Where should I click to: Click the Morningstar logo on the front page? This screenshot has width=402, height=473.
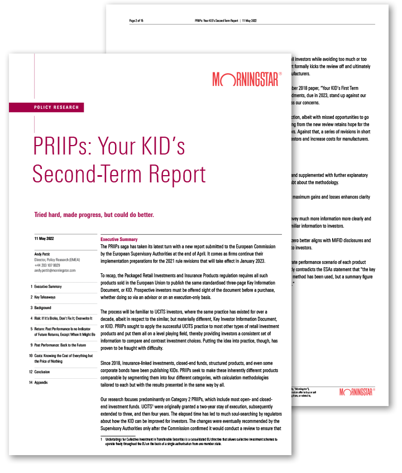[x=247, y=79]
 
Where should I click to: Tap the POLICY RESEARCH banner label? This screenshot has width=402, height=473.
[x=56, y=107]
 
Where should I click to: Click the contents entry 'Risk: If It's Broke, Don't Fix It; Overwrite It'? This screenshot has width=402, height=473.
[x=63, y=317]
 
